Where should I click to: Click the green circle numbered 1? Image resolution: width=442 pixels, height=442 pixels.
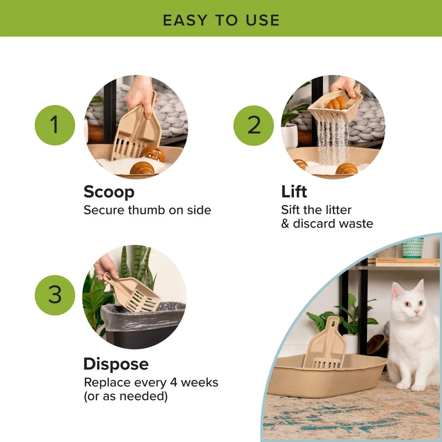[x=55, y=125]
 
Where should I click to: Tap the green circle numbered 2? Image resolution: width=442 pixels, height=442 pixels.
[x=254, y=125]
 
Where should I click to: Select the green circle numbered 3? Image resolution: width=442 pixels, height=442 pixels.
[x=55, y=295]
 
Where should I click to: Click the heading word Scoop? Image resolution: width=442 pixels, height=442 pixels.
[x=109, y=192]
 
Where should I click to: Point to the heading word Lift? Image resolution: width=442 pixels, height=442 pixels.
[x=294, y=192]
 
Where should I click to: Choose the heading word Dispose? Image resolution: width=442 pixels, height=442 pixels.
[x=116, y=364]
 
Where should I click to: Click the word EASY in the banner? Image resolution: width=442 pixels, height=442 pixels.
[x=185, y=20]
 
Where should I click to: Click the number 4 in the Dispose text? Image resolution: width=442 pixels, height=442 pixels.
[x=173, y=382]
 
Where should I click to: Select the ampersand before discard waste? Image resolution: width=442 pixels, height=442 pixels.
[x=285, y=224]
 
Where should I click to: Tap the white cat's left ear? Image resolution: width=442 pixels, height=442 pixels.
[x=396, y=291]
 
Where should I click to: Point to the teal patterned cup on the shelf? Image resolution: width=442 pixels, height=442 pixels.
[x=412, y=248]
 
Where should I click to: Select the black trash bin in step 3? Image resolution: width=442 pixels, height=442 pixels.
[x=143, y=324]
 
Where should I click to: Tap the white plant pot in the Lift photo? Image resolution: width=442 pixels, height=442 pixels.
[x=290, y=136]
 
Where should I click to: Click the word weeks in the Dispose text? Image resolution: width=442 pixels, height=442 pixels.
[x=199, y=382]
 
